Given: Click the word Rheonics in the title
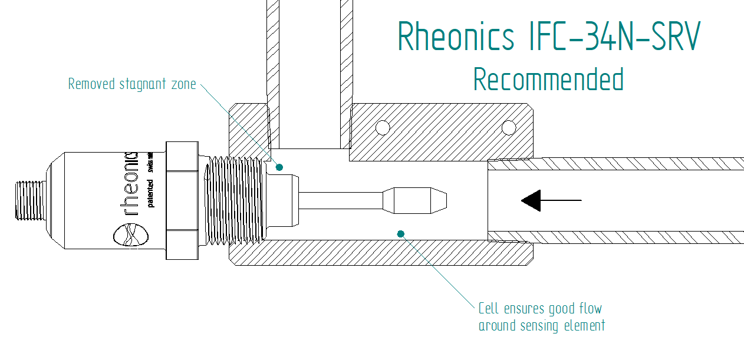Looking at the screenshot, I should (456, 37).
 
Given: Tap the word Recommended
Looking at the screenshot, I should (548, 80).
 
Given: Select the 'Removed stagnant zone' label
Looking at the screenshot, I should (131, 84).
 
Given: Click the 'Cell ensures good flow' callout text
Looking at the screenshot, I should (540, 309).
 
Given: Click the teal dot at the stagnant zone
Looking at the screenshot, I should (279, 167).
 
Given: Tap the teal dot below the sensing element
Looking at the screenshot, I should (401, 234).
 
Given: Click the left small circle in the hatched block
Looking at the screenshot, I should (383, 127).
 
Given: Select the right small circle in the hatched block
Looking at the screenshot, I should (508, 127).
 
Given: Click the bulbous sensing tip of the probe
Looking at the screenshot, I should (415, 200).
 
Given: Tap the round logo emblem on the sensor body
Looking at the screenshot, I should (131, 237).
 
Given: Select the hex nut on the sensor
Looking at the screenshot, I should (182, 200).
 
